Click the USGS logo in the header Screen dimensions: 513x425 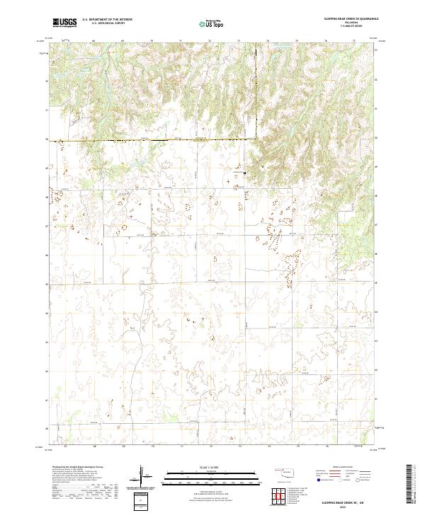click(x=64, y=22)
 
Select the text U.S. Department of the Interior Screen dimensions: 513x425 click(x=107, y=19)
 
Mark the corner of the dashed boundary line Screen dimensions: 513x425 click(x=256, y=139)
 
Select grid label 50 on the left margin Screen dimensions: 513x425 click(x=47, y=139)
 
